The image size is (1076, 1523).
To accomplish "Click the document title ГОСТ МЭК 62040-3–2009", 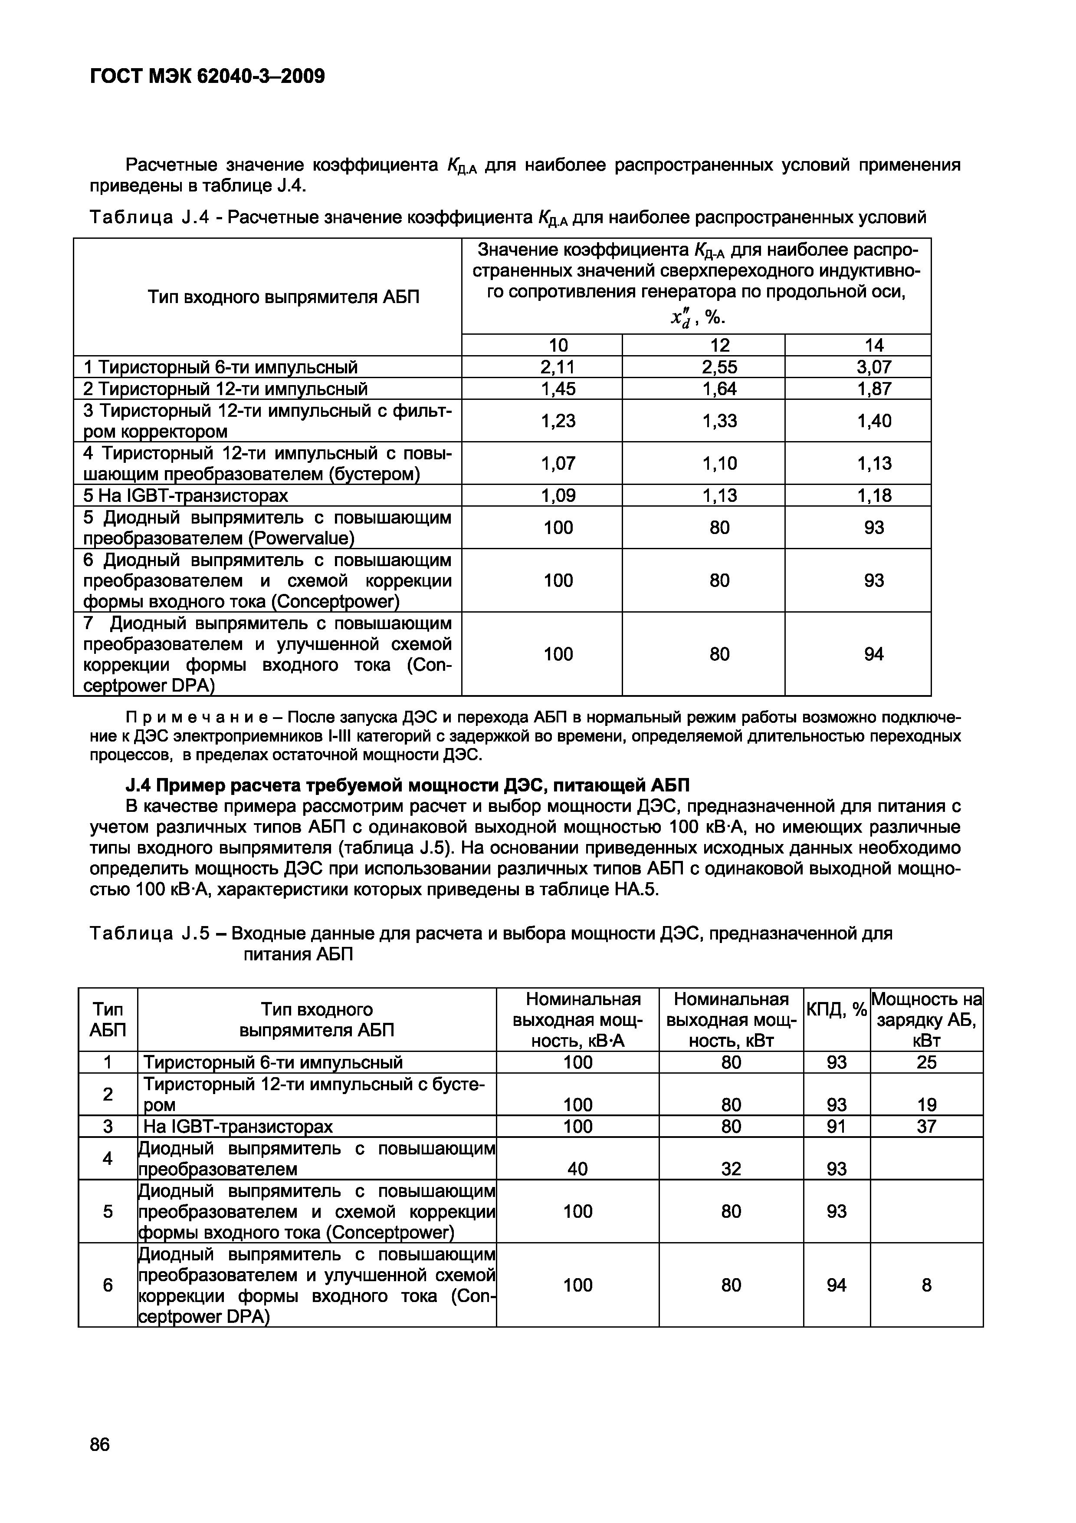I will [207, 77].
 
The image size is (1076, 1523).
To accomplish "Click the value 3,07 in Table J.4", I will [874, 367].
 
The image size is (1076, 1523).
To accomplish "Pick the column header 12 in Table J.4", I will [719, 345].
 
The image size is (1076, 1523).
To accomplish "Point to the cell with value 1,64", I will [719, 389].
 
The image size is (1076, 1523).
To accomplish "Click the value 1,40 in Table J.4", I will [874, 421].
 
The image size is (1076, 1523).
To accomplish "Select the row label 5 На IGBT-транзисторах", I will [186, 495].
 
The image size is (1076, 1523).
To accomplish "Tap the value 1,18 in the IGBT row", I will [874, 495].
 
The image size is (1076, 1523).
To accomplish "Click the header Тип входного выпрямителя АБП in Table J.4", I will [283, 297].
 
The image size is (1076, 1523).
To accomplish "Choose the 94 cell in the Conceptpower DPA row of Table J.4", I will [874, 654].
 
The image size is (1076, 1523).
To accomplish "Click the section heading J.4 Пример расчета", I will [407, 785].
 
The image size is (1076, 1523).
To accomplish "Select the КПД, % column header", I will [836, 1010].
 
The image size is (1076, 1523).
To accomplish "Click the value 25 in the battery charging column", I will [926, 1063].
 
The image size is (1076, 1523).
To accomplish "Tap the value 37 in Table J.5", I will [926, 1126].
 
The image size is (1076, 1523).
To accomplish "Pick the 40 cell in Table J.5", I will [577, 1169].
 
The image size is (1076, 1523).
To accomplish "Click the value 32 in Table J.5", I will [731, 1169].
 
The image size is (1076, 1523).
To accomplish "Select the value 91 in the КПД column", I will [836, 1126].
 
